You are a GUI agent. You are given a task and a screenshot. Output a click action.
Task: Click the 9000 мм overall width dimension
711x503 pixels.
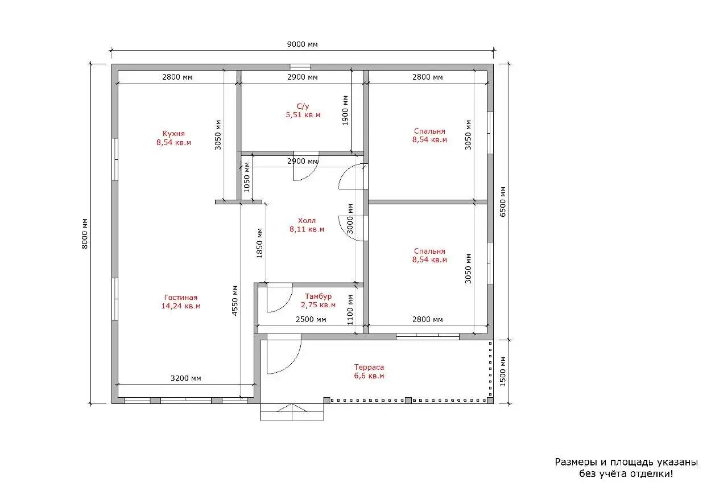point(302,44)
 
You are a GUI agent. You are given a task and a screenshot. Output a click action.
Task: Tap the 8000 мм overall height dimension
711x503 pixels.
point(84,234)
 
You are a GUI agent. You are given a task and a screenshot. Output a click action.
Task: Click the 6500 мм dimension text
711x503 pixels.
point(503,202)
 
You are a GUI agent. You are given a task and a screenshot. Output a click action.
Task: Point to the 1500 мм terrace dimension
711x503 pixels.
point(503,372)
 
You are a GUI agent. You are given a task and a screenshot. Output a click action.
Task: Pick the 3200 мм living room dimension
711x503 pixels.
point(185,378)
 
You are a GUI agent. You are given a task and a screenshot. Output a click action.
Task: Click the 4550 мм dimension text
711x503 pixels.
point(235,301)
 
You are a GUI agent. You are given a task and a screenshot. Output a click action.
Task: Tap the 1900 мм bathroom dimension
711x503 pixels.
point(345,110)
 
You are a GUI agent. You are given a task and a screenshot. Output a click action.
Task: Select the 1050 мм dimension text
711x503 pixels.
point(247,178)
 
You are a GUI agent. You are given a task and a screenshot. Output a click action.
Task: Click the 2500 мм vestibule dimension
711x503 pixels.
point(311,319)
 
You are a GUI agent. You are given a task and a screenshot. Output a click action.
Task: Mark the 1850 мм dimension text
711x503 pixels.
point(259,243)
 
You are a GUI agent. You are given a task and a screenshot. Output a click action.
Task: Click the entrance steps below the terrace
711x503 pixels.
point(292,412)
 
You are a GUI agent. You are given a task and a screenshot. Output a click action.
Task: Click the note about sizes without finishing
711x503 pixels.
point(626,468)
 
